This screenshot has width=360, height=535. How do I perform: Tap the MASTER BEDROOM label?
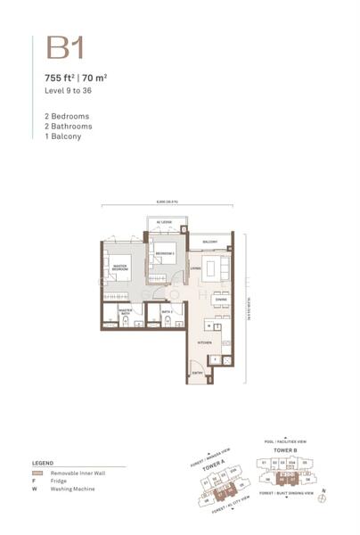(119, 265)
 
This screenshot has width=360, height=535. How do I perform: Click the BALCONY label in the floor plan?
(210, 242)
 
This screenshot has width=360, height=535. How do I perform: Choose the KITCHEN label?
(203, 341)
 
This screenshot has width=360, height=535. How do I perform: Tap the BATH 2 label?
(167, 310)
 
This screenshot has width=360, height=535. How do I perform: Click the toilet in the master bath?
(109, 321)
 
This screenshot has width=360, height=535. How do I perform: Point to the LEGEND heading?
(44, 465)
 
